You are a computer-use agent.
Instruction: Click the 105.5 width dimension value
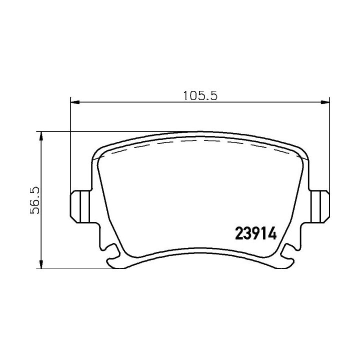pos(200,95)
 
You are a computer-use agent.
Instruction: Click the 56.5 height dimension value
pos(35,200)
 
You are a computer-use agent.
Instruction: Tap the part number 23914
pos(256,233)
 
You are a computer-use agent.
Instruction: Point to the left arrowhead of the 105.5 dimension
pos(75,102)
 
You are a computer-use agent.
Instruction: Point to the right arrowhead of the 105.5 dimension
pos(325,102)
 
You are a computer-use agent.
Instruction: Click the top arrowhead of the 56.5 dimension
pos(41,136)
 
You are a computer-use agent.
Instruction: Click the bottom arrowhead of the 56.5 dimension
pos(41,264)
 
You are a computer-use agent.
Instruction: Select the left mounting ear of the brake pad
pos(80,206)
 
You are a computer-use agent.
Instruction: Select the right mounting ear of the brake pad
pos(319,206)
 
